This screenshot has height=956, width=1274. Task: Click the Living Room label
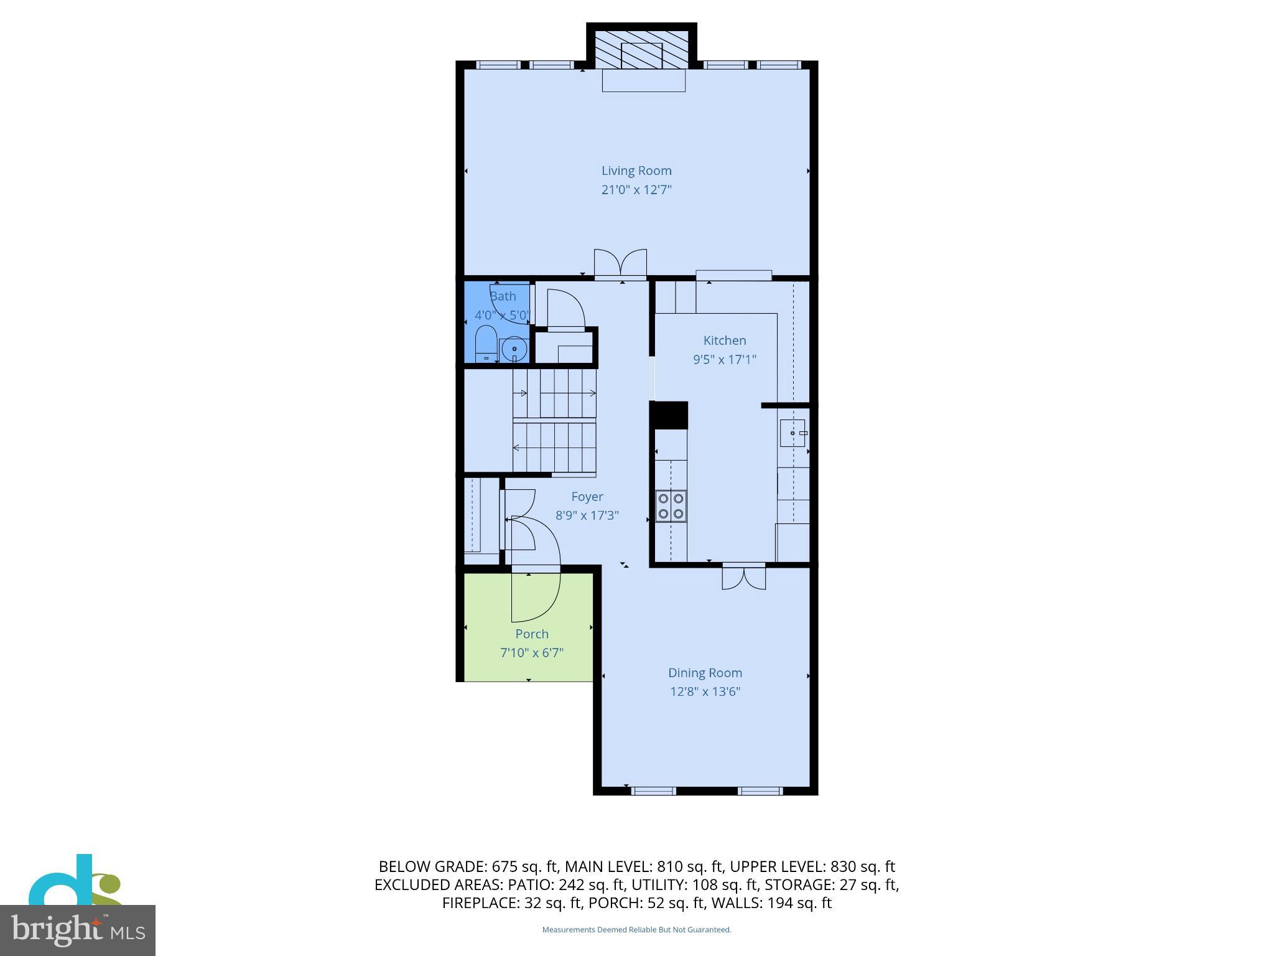click(636, 171)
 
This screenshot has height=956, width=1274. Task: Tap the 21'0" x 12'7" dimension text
click(636, 190)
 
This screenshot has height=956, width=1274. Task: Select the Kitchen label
click(724, 340)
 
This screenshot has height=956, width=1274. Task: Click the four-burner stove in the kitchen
click(671, 506)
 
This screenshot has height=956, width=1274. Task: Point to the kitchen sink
click(793, 433)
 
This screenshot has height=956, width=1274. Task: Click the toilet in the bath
click(486, 344)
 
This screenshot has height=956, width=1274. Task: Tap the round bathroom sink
click(514, 349)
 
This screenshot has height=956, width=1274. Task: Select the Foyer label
click(587, 497)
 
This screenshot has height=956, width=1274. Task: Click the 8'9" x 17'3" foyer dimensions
click(587, 515)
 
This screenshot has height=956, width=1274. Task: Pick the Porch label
click(532, 634)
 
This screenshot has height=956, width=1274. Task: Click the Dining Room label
click(705, 673)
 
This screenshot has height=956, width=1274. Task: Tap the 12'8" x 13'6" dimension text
click(705, 691)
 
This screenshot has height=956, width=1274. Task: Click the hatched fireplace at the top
click(642, 48)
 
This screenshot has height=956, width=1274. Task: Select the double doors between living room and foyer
click(620, 264)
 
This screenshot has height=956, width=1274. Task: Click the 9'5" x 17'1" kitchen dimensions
click(724, 360)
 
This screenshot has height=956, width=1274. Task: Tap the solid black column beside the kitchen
click(669, 415)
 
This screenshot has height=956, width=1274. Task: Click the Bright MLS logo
click(77, 930)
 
